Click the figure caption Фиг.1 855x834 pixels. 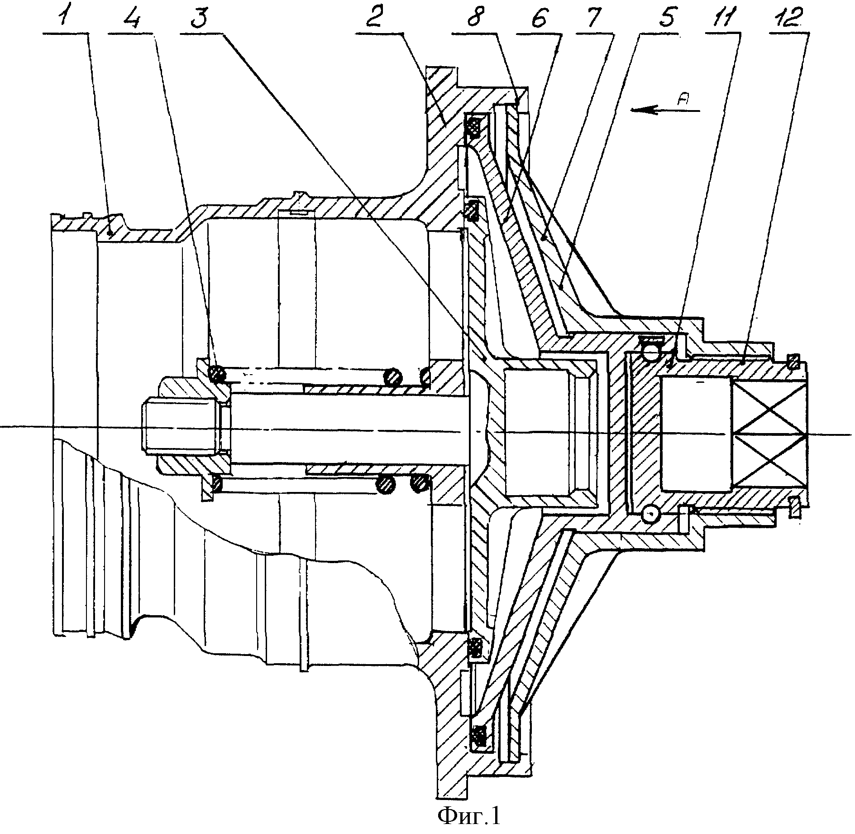click(x=469, y=816)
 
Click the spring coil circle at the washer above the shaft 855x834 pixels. click(x=217, y=373)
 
